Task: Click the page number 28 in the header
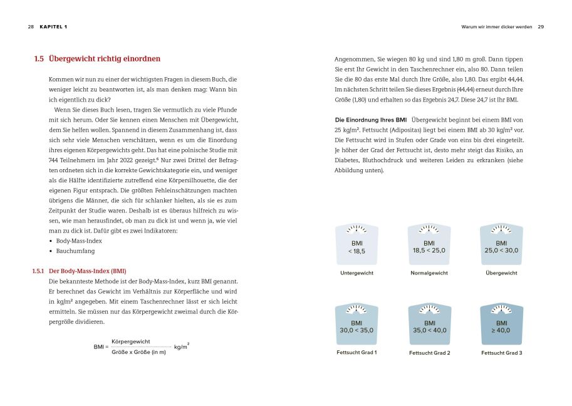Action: pos(31,27)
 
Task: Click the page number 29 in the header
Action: pos(541,27)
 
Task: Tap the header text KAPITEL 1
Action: pos(53,27)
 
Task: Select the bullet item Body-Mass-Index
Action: pos(79,241)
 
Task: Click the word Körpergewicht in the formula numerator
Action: pos(131,341)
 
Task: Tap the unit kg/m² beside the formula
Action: pos(182,346)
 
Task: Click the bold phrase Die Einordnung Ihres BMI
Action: pos(371,119)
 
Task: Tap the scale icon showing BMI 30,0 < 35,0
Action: pos(357,325)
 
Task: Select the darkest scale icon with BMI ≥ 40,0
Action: pos(501,325)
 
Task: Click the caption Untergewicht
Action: pos(357,273)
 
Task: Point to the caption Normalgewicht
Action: pos(429,273)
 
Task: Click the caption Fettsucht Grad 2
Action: pos(429,353)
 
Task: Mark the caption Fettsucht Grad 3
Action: pos(501,353)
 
